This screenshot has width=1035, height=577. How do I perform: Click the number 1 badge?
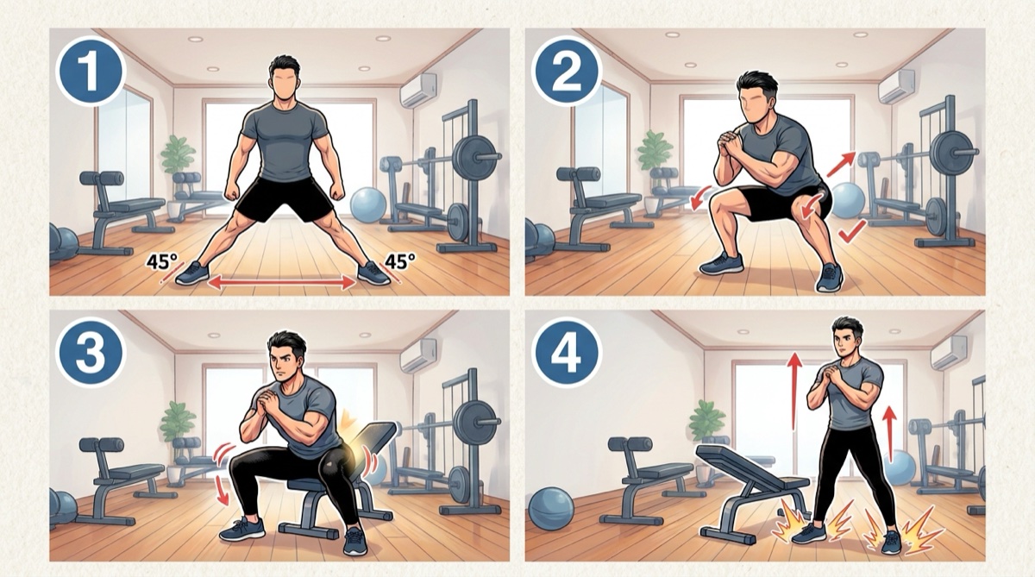[x=90, y=72]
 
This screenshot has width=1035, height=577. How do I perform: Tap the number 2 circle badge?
[x=567, y=72]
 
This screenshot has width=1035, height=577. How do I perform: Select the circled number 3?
[x=90, y=352]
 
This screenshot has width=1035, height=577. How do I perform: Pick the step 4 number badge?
[x=567, y=352]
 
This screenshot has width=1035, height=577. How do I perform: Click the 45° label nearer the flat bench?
[x=159, y=262]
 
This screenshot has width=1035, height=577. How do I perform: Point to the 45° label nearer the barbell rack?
[x=399, y=261]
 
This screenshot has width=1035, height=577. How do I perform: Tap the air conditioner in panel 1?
[x=418, y=91]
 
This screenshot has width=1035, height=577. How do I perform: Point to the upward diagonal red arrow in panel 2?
[x=841, y=164]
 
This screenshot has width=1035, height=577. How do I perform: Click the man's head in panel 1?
[x=284, y=82]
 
